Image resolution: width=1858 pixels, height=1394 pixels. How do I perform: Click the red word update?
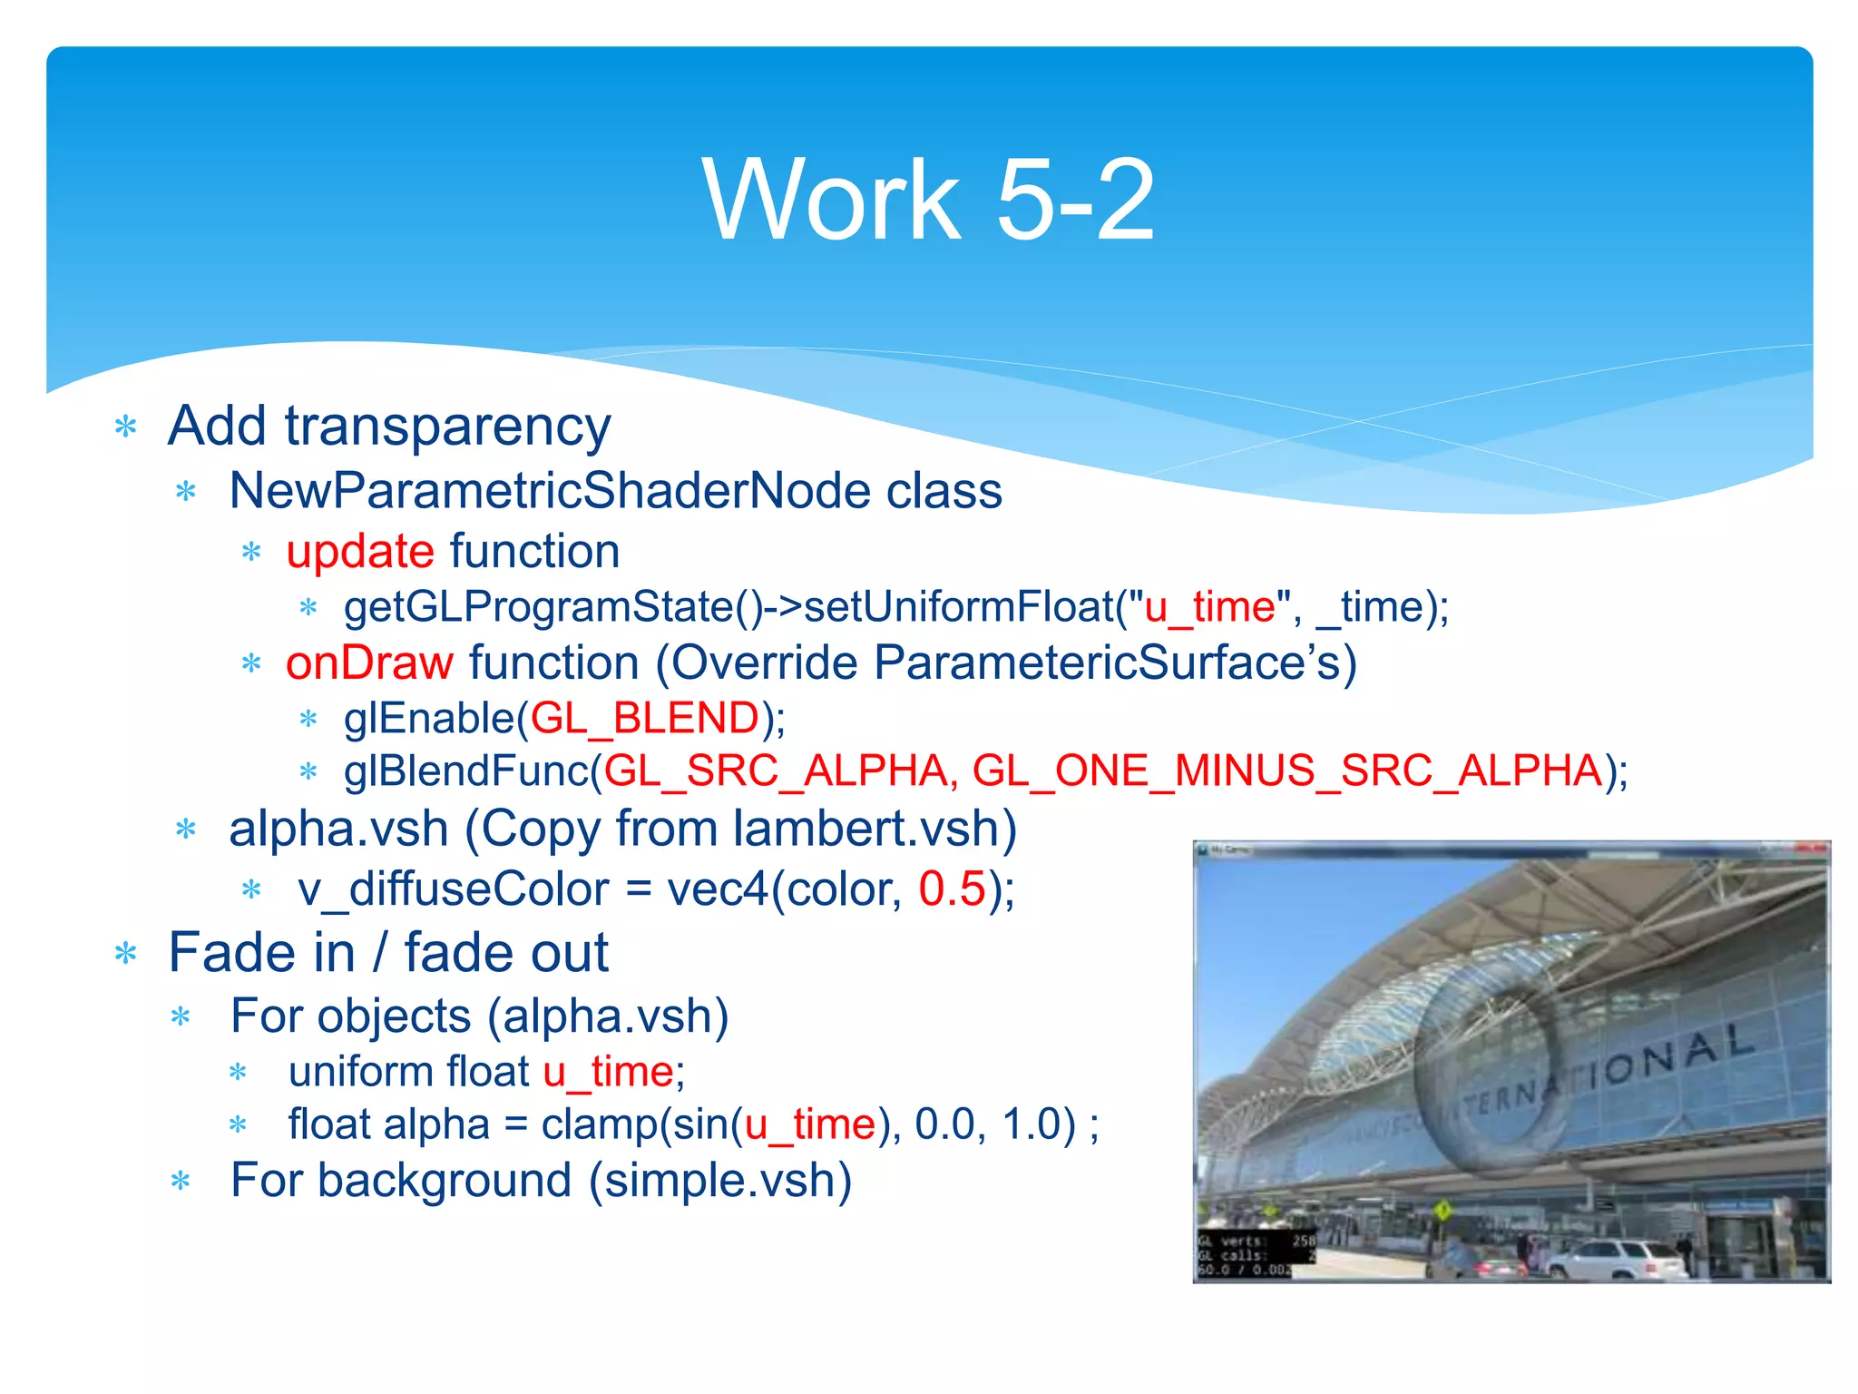point(360,552)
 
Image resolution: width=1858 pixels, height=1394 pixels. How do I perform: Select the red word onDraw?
point(369,663)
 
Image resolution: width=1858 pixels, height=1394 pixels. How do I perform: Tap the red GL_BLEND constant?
point(644,718)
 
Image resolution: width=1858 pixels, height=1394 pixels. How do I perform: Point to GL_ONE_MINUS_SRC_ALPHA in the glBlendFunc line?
point(1287,771)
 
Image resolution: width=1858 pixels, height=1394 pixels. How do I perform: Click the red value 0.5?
point(952,888)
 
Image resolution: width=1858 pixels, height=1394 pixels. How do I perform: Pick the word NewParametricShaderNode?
point(549,491)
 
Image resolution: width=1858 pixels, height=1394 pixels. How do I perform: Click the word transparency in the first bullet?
point(447,427)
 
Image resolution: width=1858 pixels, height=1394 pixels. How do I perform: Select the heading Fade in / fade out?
point(388,953)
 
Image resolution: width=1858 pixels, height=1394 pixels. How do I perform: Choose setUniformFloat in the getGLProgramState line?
point(958,607)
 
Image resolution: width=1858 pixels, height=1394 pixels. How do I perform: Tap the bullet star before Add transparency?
point(126,427)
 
